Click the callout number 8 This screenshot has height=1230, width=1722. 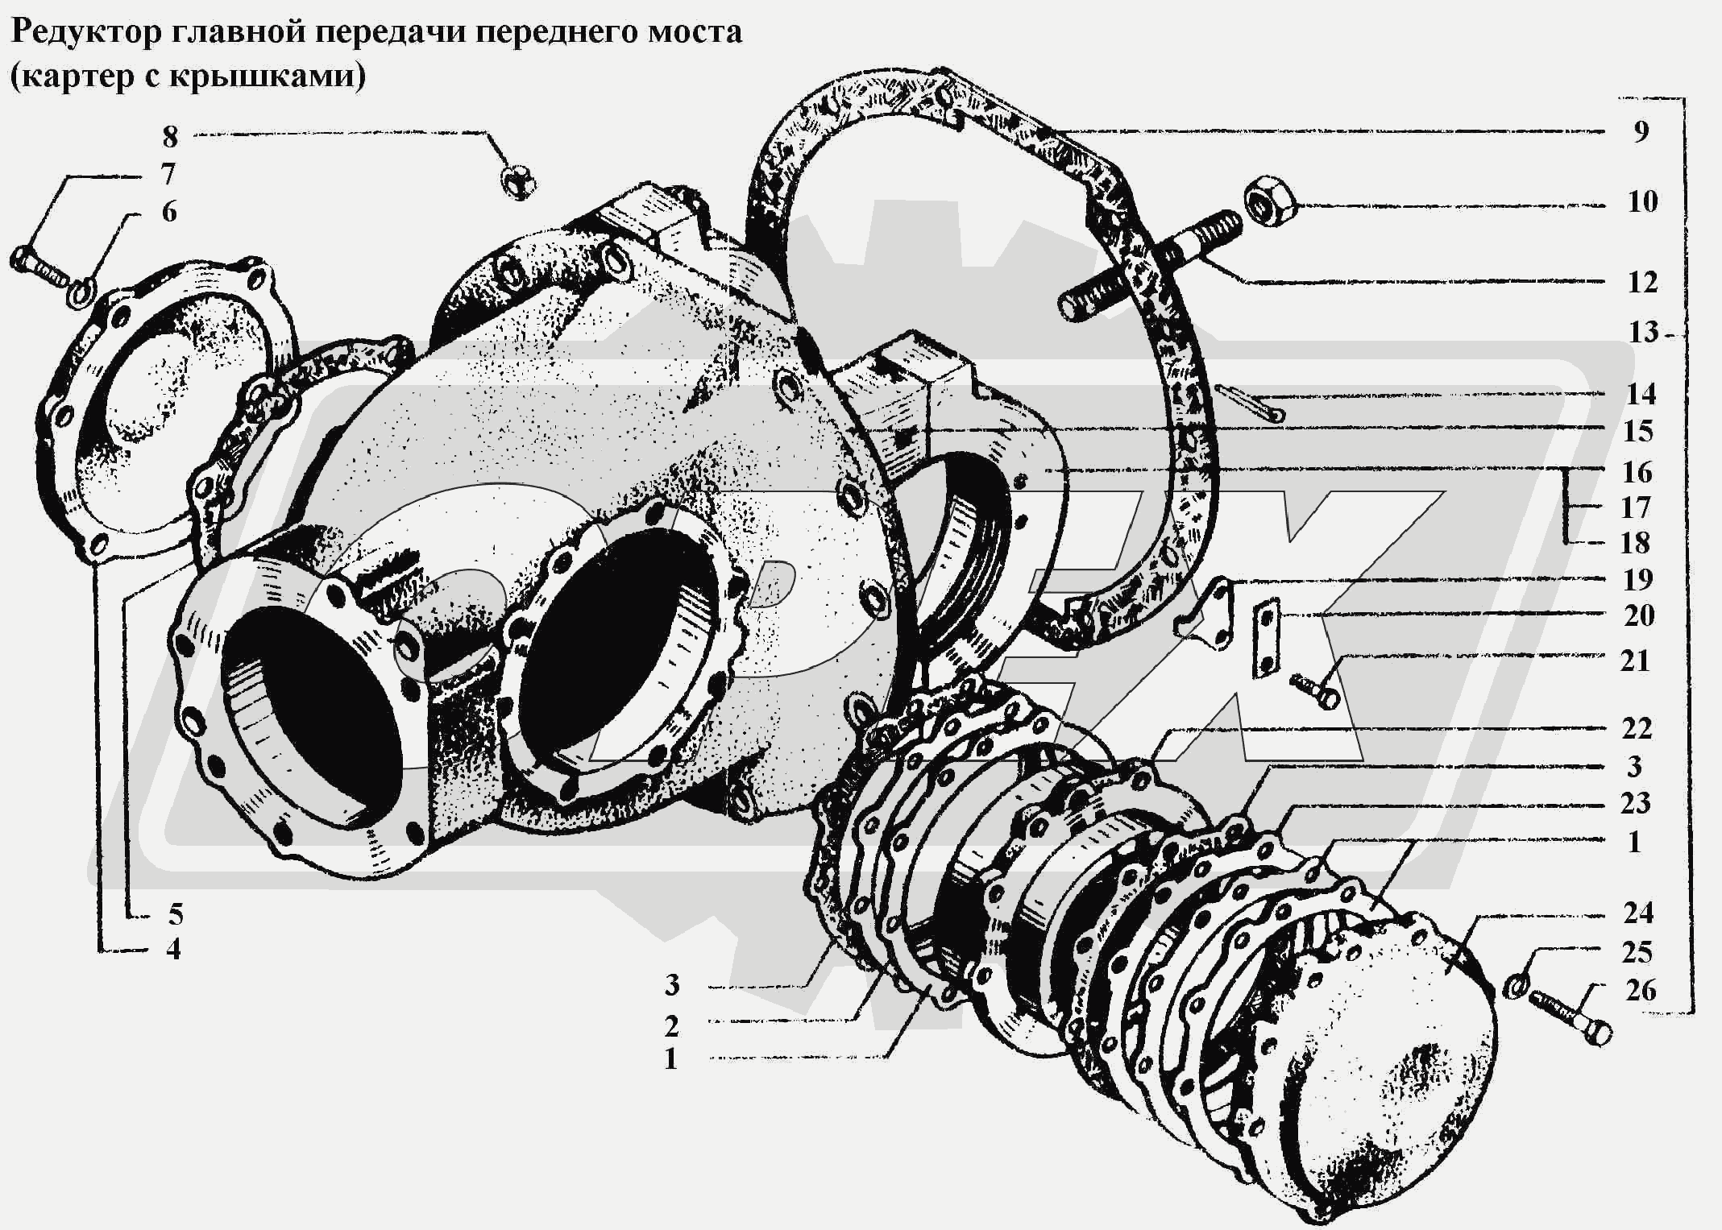click(170, 137)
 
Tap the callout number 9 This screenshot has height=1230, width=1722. click(1641, 132)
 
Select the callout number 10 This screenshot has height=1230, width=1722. click(1641, 201)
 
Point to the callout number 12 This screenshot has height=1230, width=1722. click(1641, 283)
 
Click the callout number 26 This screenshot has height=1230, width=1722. click(1641, 990)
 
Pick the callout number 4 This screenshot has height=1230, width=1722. click(172, 949)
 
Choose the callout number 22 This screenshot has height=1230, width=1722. click(1637, 729)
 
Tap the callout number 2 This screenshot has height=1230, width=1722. click(670, 1026)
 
